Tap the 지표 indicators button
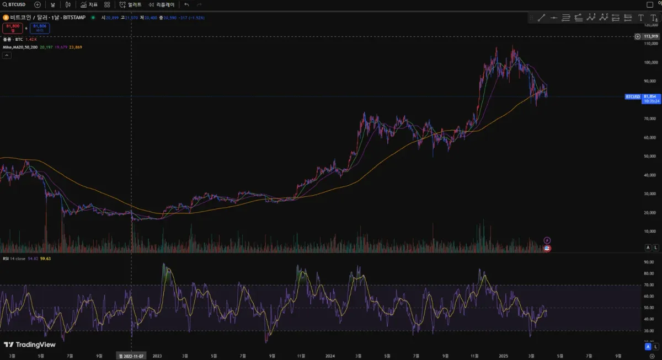tap(89, 4)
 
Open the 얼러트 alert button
tap(131, 4)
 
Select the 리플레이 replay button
tap(161, 4)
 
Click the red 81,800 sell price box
tap(13, 28)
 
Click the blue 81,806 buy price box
tap(40, 28)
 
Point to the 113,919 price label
tap(651, 36)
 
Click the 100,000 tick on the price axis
tap(652, 62)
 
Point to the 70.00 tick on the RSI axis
tap(649, 285)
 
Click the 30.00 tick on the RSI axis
tap(649, 331)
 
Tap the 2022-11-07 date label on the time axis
tap(131, 356)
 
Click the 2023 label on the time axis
tap(157, 356)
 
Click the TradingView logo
tap(30, 345)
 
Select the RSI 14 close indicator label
tap(13, 258)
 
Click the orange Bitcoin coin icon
tap(6, 18)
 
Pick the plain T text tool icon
tap(640, 18)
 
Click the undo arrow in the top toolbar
tap(186, 4)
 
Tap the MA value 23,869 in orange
tap(75, 47)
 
